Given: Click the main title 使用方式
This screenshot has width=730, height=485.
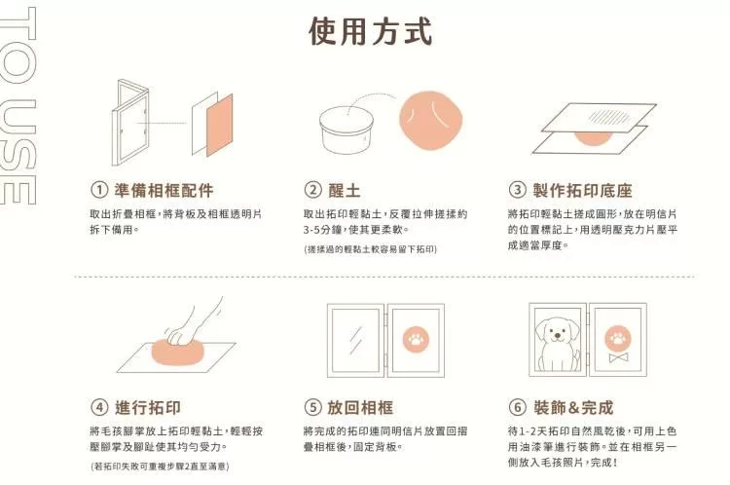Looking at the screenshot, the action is coord(371,32).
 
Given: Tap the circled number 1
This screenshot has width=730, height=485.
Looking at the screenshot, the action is coord(99,190).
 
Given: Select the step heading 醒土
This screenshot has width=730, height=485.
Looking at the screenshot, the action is coord(344,190).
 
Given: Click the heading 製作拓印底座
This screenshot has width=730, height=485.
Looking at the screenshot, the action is coord(582,190).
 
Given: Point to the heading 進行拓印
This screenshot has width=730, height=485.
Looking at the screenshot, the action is coord(148,407).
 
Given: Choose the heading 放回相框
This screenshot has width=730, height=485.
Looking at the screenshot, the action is coord(360,407).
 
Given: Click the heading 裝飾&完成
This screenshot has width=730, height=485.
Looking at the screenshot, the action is coord(573,407).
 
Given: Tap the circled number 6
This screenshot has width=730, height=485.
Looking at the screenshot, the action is coord(517,407).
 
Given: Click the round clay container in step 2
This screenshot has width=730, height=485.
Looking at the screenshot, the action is coord(347,130).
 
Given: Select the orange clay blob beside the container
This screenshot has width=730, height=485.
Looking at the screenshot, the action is coord(430,120).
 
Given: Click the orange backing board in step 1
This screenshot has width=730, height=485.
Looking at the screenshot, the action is coord(220,125).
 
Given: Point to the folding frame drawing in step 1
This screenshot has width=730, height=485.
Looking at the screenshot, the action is coord(129,123).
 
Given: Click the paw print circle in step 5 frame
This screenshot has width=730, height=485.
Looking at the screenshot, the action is coord(416,339).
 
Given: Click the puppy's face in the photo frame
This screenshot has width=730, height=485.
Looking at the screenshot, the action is coord(558,331).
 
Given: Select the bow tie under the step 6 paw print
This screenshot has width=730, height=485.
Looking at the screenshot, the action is coord(618,357).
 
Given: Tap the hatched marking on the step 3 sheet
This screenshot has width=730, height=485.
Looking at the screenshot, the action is coord(606,116).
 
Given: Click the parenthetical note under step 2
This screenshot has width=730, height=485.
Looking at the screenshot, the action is coord(371,249).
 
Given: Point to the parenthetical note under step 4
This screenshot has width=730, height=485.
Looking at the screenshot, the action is coord(160,466).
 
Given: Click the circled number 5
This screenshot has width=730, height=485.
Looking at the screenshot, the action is coord(312,407).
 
